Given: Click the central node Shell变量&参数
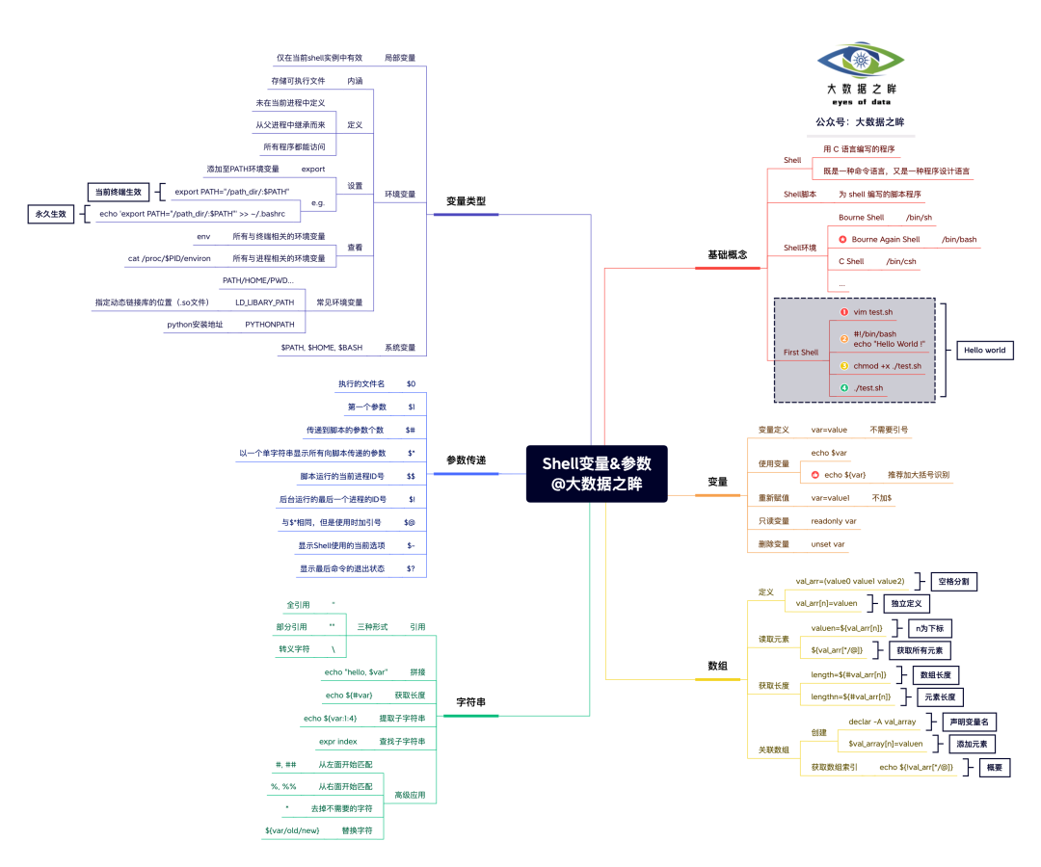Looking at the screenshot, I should [597, 473].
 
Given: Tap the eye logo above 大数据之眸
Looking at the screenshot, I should [861, 61].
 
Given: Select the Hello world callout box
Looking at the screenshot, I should [984, 350].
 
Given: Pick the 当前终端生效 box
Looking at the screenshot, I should [122, 192].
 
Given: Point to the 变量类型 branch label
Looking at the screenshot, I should [466, 201].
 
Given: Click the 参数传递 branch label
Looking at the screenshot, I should [466, 460].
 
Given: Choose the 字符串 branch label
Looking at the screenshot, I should [470, 702].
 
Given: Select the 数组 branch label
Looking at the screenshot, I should [717, 666].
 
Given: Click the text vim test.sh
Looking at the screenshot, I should [873, 312].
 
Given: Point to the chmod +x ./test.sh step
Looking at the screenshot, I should [887, 366].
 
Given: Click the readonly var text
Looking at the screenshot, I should [834, 521].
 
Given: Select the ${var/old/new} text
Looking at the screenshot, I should [292, 829].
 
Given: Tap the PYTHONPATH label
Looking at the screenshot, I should [269, 325].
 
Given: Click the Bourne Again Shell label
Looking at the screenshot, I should [885, 240].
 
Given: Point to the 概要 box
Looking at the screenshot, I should [994, 768].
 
